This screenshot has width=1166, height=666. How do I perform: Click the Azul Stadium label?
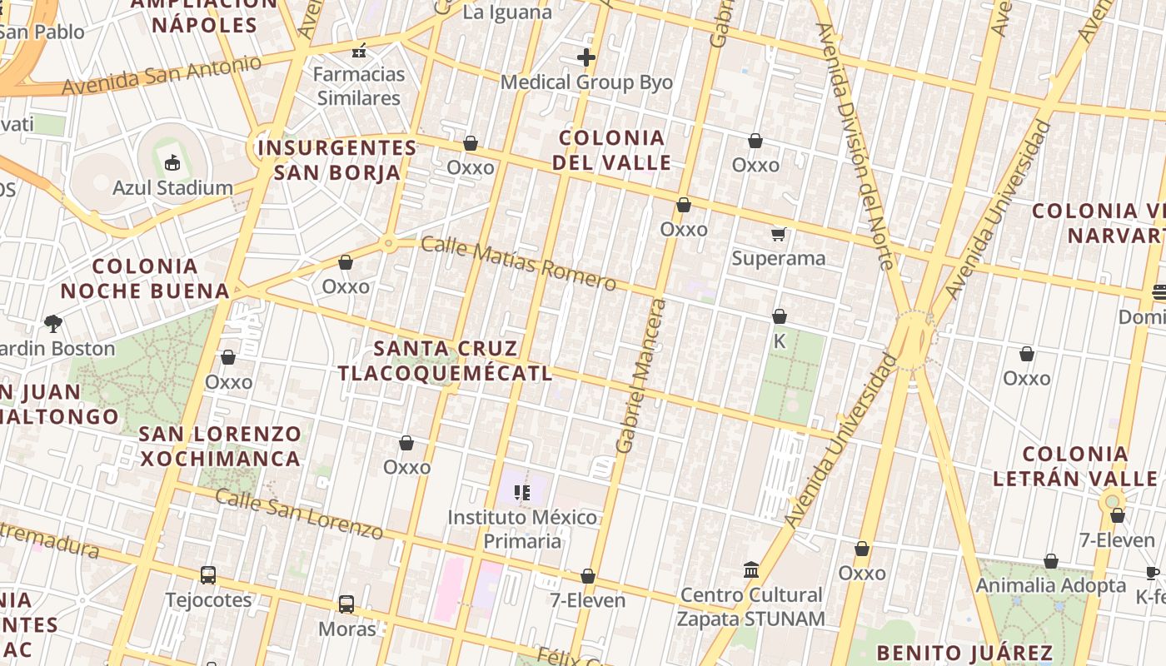pos(172,187)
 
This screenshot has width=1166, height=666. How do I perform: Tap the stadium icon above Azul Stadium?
pos(172,162)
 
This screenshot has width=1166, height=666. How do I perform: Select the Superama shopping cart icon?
pos(779,234)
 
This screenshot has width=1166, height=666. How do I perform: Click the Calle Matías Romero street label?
pos(518,263)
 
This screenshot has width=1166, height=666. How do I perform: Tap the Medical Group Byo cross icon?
pos(586,57)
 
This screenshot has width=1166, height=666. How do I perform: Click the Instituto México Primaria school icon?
pos(522,493)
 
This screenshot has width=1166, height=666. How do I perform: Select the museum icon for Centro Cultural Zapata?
pos(750,570)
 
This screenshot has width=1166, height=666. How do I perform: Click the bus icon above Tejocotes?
pos(208,575)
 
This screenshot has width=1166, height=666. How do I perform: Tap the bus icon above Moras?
pos(346,604)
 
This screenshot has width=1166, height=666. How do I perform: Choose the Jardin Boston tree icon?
pos(53,323)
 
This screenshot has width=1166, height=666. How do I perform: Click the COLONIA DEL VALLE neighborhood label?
pos(612,150)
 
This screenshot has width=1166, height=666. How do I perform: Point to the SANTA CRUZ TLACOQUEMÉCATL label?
pos(445,360)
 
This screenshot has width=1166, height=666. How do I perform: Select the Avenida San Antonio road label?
pos(162,75)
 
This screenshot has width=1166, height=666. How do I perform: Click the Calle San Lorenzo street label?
pos(299,514)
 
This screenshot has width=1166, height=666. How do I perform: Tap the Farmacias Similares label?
pos(359,86)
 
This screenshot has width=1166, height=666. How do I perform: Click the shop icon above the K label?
pos(780,316)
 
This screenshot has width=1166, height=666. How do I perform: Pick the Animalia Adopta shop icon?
pos(1051,561)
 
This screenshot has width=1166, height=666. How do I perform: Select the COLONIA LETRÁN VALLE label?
pos(1074,466)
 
